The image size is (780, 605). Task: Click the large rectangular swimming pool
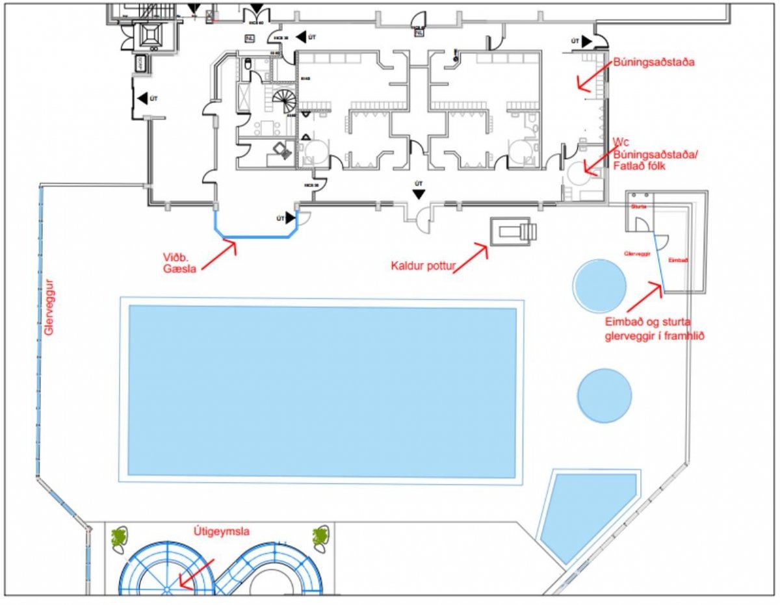pos(322,391)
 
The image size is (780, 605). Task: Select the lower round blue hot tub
pos(604,395)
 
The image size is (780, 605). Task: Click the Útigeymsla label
pos(221,532)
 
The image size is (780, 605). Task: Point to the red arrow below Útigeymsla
pos(195,575)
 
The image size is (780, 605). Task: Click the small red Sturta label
pos(638,206)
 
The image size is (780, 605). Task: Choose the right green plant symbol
pos(319,537)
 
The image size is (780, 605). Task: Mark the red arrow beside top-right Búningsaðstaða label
pos(591,79)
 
